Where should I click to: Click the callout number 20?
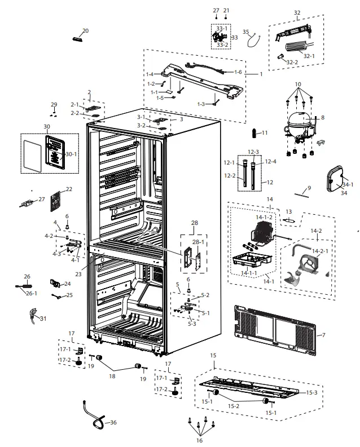85,31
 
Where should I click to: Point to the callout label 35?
246,32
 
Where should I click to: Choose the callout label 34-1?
347,184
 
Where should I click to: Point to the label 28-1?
199,242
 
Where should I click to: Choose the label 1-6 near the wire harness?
238,72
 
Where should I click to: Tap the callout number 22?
69,189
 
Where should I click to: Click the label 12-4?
270,162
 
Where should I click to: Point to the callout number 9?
309,188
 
